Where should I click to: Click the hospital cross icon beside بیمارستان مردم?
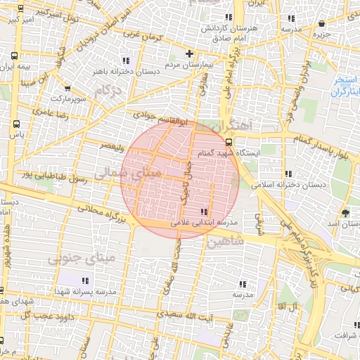point(188,53)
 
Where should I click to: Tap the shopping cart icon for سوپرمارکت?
point(67,89)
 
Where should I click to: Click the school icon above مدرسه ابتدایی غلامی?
point(204,212)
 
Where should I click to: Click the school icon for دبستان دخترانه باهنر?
point(126,60)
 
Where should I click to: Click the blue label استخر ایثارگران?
point(345,86)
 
